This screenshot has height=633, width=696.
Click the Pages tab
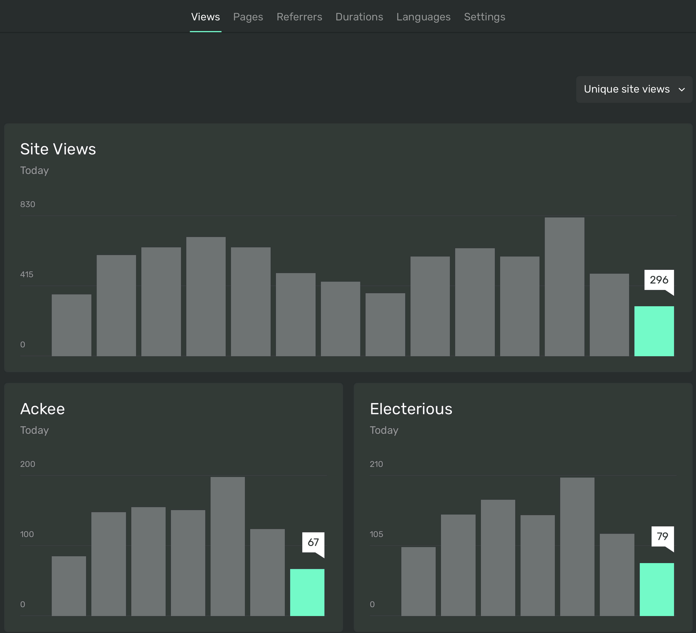248,17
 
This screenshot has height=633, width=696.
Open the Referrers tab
299,17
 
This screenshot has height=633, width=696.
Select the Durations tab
359,17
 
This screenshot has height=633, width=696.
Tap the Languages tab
423,17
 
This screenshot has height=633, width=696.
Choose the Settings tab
484,17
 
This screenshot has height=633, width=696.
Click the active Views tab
205,17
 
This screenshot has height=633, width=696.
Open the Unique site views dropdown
634,89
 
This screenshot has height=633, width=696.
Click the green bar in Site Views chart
654,331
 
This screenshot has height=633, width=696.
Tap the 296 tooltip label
659,280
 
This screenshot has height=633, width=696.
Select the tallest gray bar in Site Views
564,287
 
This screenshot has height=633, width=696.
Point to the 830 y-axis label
28,204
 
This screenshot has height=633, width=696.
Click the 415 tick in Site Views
27,275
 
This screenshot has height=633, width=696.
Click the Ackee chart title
43,409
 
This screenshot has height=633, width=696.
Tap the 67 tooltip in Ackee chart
313,542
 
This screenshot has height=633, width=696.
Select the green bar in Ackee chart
307,592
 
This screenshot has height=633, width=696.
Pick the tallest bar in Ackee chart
227,546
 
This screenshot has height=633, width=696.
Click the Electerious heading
411,409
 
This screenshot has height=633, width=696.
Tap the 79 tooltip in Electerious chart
662,536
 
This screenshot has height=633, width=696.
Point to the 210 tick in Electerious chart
376,464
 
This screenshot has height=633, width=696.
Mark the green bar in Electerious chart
656,589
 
